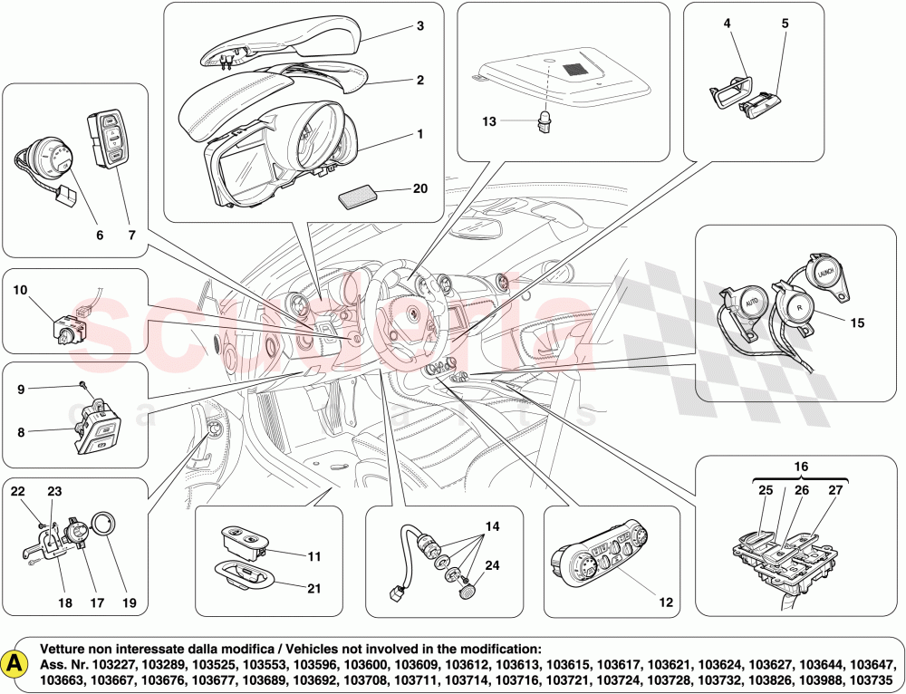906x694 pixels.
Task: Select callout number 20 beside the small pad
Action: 419,188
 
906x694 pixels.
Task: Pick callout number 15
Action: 858,321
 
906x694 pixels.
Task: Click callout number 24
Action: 491,566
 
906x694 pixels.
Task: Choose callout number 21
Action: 313,588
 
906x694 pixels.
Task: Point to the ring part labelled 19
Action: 106,525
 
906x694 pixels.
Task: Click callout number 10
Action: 20,290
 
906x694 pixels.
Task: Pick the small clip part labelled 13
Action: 545,120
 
